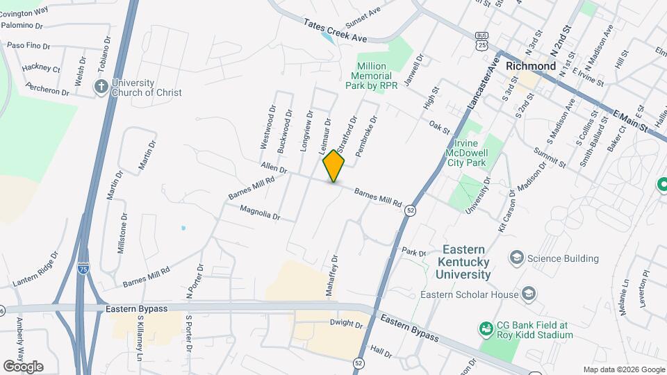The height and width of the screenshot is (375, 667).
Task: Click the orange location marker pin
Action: click(x=333, y=166)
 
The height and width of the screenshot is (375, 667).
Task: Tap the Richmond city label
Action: click(x=531, y=66)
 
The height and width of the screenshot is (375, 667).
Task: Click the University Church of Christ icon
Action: click(x=101, y=87)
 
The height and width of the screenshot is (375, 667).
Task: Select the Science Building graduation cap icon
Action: click(x=516, y=258)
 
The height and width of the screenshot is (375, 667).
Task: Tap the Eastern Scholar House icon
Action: click(x=528, y=294)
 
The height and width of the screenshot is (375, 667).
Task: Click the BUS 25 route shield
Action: click(x=481, y=40)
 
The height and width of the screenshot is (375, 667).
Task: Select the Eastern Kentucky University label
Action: click(x=463, y=262)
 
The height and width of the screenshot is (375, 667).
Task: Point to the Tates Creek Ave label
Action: click(x=334, y=30)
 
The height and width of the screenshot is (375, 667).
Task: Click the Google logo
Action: click(x=23, y=366)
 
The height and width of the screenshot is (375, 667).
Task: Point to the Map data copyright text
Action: click(x=623, y=369)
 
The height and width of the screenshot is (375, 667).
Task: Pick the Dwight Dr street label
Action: click(x=346, y=324)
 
